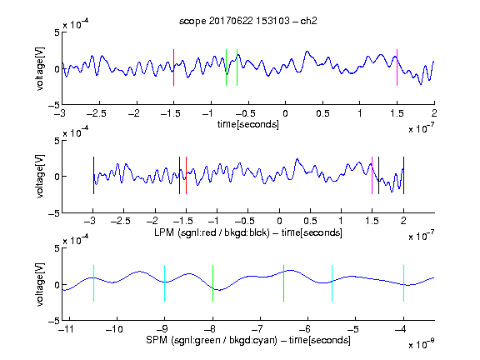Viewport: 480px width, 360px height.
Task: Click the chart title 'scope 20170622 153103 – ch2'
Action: [248, 21]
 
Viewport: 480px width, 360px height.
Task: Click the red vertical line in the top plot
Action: [173, 67]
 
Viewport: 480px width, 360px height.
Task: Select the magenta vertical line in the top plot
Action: [397, 67]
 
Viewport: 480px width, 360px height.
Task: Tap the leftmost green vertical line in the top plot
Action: [226, 67]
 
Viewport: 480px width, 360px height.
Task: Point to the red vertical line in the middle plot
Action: [186, 175]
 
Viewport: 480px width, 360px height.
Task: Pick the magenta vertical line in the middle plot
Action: [372, 175]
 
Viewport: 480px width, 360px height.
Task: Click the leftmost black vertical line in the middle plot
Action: [93, 175]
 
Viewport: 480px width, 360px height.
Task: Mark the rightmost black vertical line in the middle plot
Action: [404, 175]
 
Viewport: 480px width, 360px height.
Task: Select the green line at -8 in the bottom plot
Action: [212, 283]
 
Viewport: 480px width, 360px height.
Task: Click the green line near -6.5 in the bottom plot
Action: [284, 283]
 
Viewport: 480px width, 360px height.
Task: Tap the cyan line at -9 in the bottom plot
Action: [165, 283]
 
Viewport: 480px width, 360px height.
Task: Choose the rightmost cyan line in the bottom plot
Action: [404, 283]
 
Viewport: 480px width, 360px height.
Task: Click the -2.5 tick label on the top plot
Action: [97, 113]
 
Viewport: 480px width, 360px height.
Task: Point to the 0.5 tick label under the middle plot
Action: [310, 222]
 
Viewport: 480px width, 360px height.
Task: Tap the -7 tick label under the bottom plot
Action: [259, 329]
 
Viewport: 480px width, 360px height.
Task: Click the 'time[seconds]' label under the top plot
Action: [248, 124]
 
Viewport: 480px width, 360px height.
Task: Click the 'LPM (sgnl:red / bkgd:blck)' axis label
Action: [212, 232]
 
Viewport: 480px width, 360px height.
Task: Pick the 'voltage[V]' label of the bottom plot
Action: [40, 284]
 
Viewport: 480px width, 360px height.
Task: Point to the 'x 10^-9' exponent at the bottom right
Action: [422, 344]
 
